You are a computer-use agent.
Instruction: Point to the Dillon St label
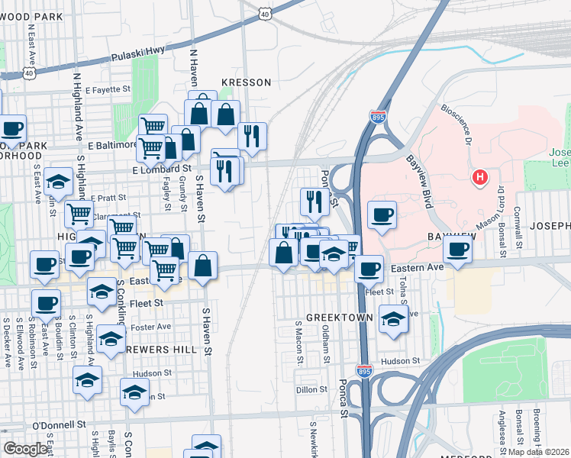click(x=311, y=389)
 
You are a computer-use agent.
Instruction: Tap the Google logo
click(x=25, y=449)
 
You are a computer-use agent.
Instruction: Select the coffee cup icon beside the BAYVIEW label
click(x=458, y=249)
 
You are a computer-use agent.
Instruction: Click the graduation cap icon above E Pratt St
click(x=58, y=181)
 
